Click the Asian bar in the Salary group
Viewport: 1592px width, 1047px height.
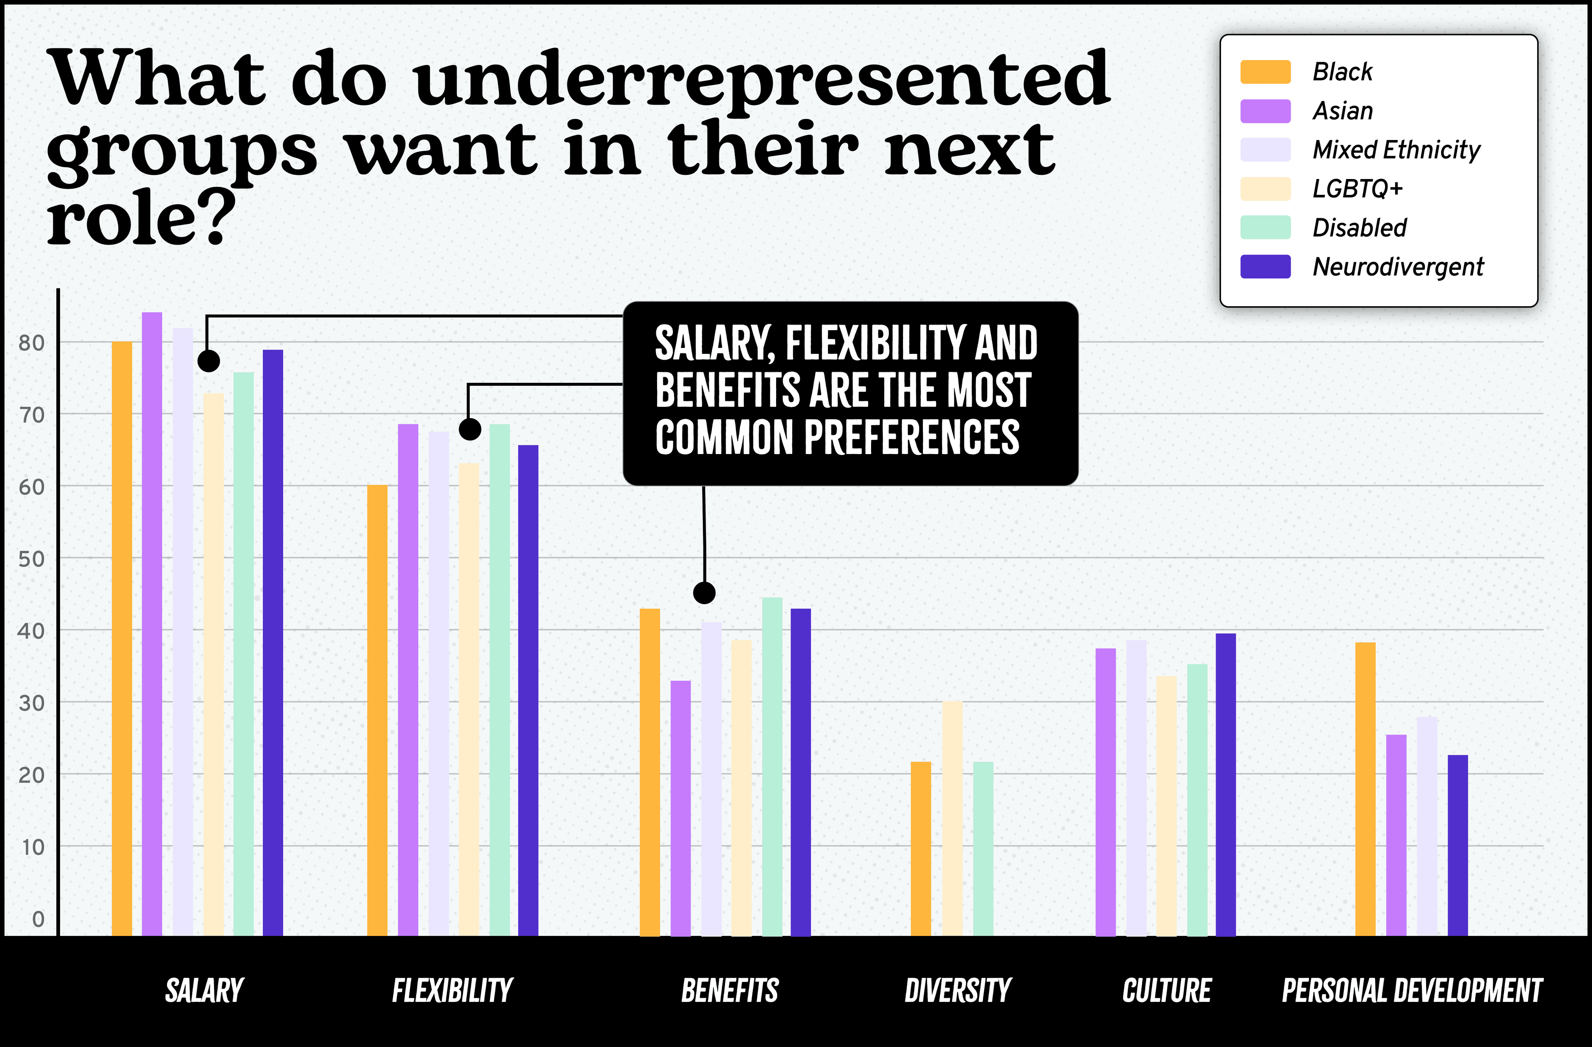[152, 622]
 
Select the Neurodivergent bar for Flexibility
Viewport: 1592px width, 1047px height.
[528, 689]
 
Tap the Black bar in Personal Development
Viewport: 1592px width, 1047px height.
[1365, 789]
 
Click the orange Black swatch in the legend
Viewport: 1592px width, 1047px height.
[1265, 72]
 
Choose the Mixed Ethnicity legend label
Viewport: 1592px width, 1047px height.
[1396, 150]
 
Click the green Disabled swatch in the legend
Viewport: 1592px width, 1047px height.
[1265, 228]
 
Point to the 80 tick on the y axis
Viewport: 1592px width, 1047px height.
[32, 343]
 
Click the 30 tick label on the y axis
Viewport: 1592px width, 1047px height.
[32, 703]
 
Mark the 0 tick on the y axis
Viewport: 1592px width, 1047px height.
[38, 919]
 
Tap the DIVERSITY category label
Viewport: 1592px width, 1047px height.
[957, 990]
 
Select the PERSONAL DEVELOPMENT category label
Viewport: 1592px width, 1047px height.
[1411, 990]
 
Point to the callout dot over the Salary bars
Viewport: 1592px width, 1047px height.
[209, 361]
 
